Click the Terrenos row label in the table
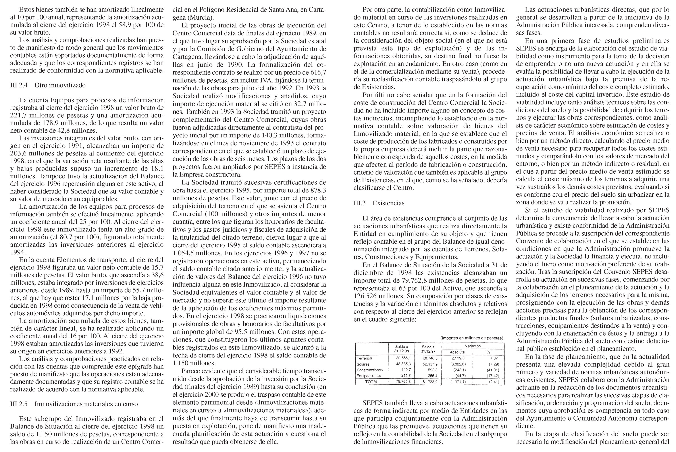coord(364,358)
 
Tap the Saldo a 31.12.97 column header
coord(428,349)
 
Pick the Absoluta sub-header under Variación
coord(457,352)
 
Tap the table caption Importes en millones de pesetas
coord(472,338)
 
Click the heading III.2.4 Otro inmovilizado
coord(48,85)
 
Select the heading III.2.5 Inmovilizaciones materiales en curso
coord(74,404)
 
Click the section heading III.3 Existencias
coord(379,203)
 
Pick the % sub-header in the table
coord(488,352)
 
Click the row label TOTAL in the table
coord(372,382)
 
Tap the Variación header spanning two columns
coord(473,346)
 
